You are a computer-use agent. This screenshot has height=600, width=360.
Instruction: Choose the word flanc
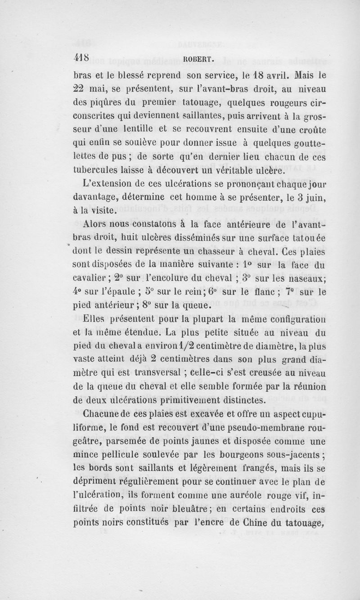point(270,292)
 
